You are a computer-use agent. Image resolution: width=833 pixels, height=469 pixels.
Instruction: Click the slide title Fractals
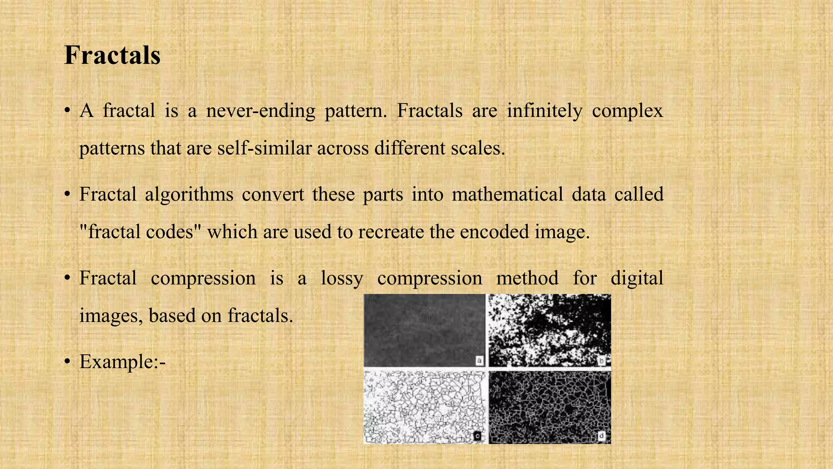tap(112, 55)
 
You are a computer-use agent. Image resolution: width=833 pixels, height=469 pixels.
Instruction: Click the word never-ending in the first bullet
tap(261, 111)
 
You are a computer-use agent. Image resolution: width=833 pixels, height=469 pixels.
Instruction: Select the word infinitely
tap(545, 111)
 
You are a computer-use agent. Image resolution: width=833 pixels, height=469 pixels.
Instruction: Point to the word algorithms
tap(189, 195)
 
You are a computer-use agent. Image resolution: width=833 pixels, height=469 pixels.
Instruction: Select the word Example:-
tap(122, 362)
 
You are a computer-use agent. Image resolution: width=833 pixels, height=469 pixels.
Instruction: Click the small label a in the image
tap(480, 360)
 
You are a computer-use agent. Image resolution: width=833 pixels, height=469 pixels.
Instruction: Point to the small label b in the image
tap(602, 360)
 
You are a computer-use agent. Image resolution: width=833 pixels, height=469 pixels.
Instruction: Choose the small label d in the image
tap(602, 436)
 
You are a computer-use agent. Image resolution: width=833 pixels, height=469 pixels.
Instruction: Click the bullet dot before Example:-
tap(68, 362)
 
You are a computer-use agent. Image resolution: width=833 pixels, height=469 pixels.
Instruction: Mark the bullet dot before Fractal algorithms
tap(68, 195)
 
